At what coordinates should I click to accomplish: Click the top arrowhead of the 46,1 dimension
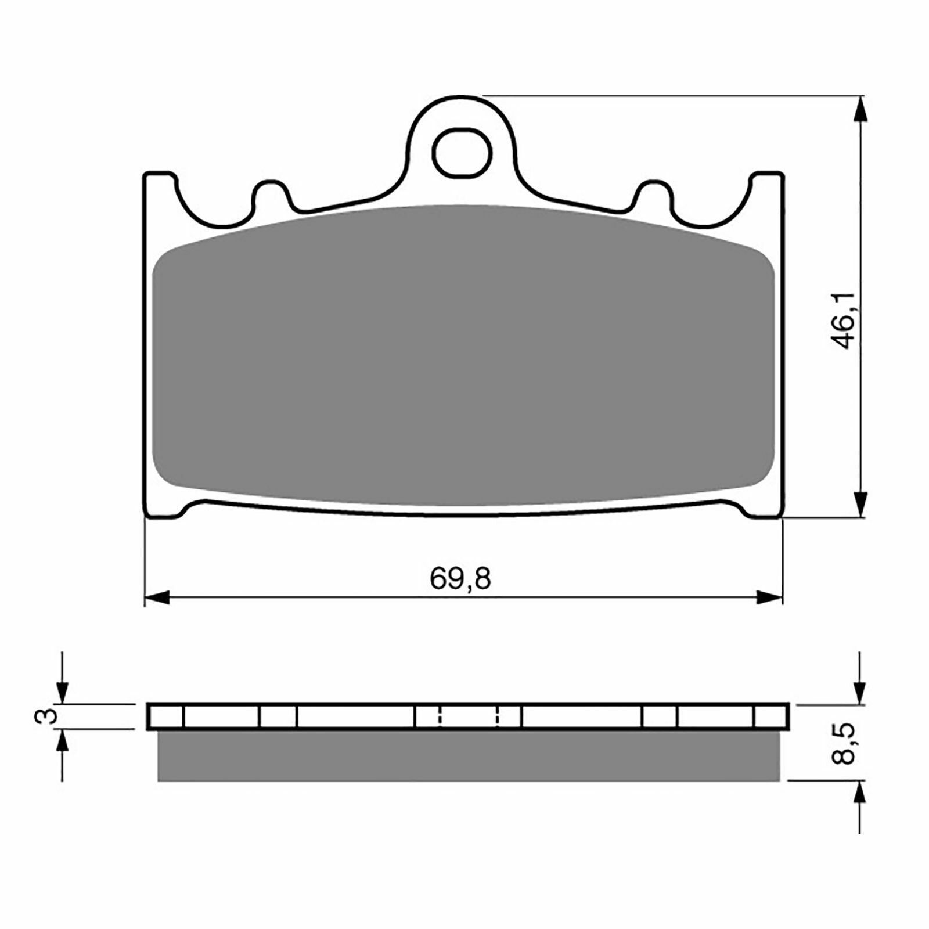[x=860, y=108]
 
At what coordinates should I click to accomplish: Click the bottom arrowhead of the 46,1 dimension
[x=860, y=504]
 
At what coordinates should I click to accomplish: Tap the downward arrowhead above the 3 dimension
[x=62, y=692]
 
